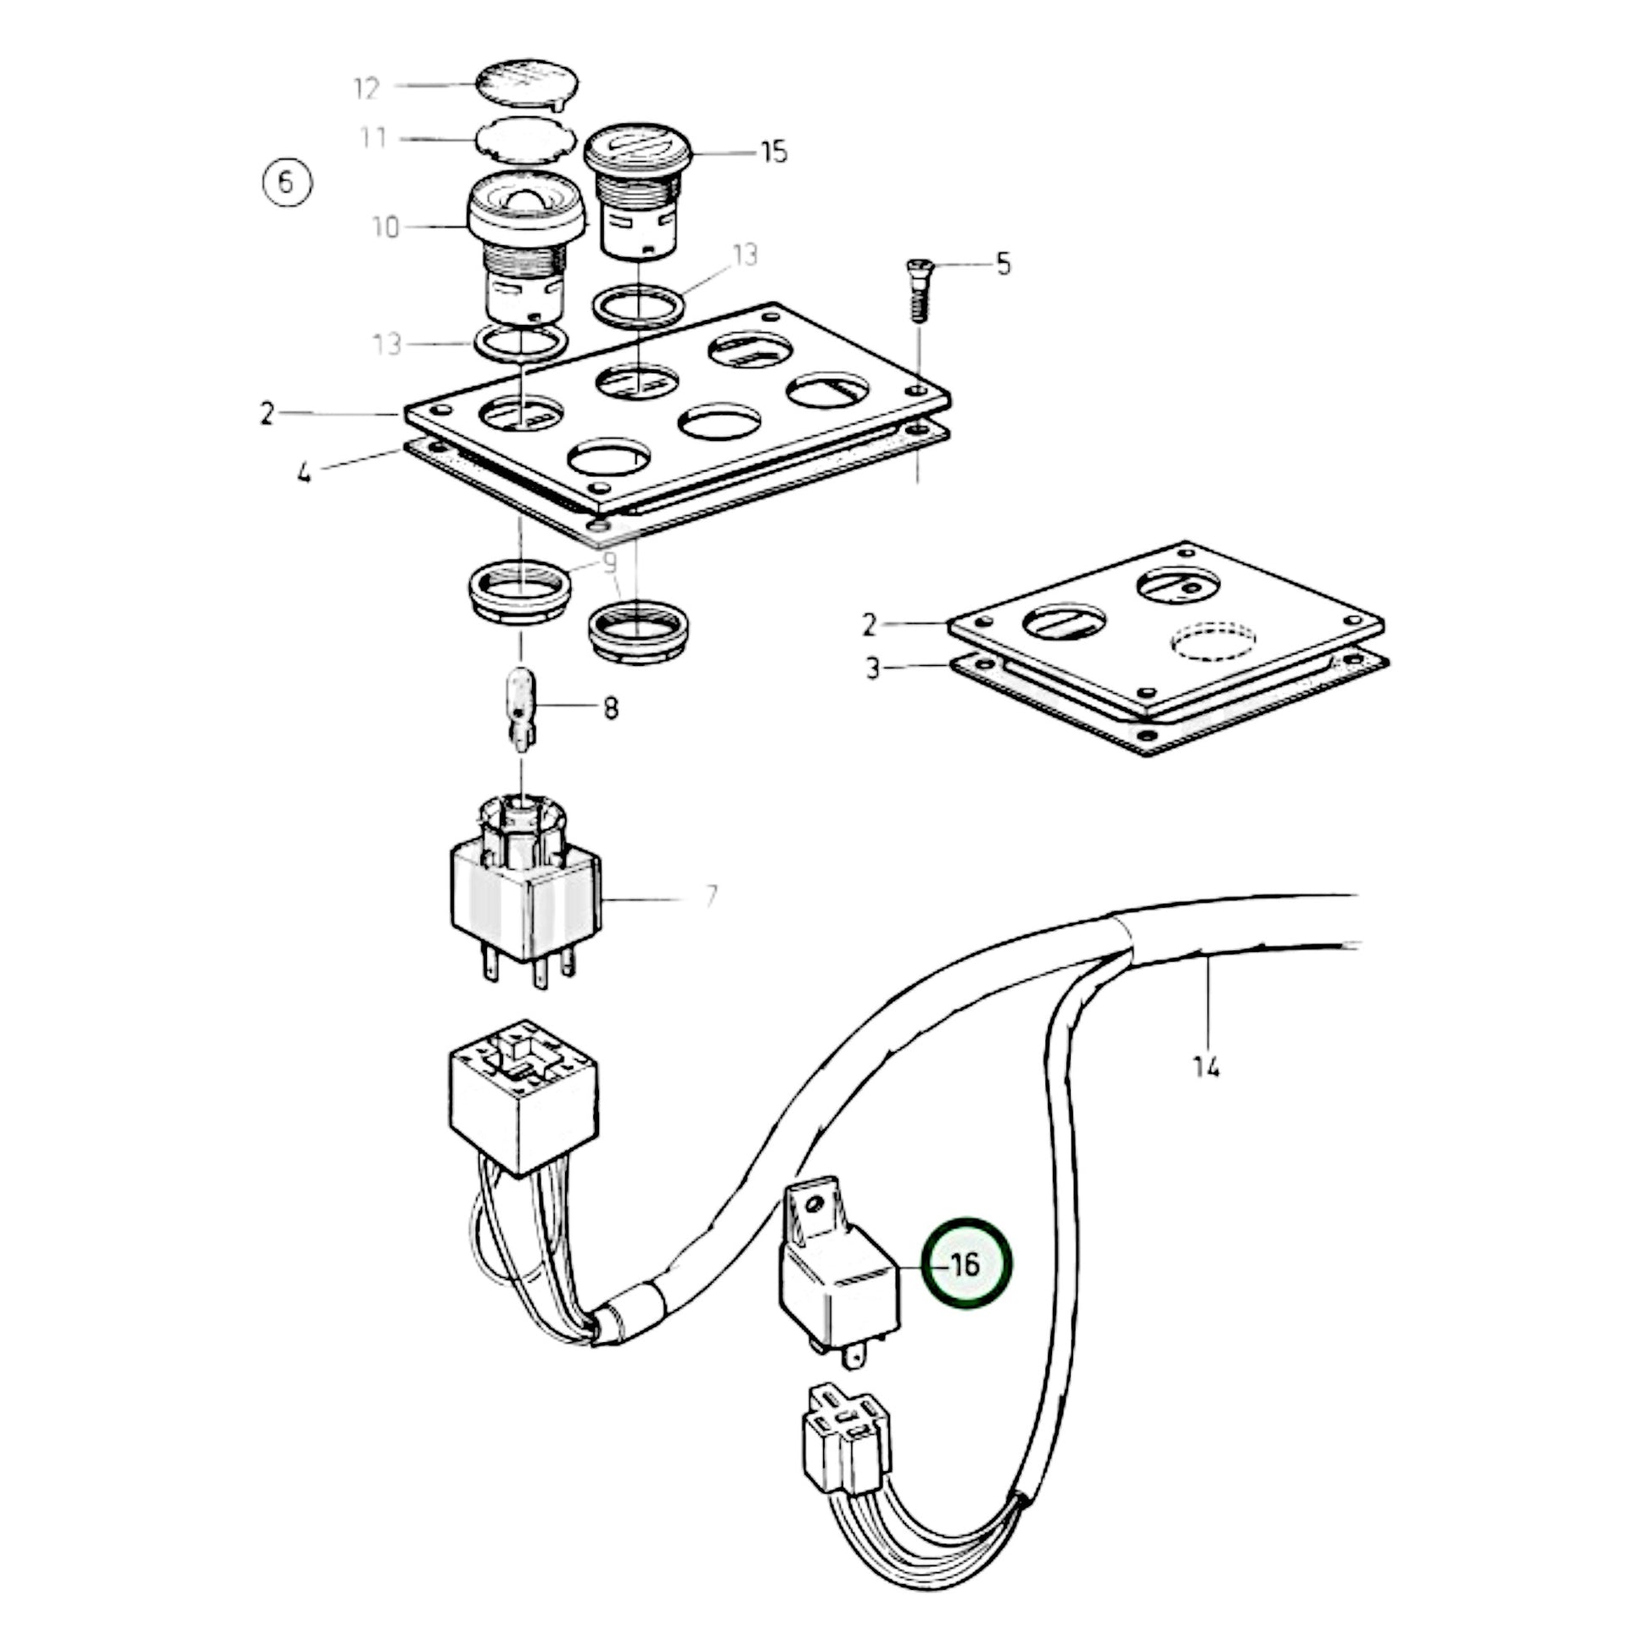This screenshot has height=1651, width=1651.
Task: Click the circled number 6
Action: pyautogui.click(x=286, y=183)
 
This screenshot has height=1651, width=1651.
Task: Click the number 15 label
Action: pyautogui.click(x=774, y=153)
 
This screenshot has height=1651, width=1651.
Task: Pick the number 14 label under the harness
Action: pyautogui.click(x=1206, y=1067)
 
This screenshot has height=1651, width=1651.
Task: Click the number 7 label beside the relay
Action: pyautogui.click(x=711, y=897)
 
